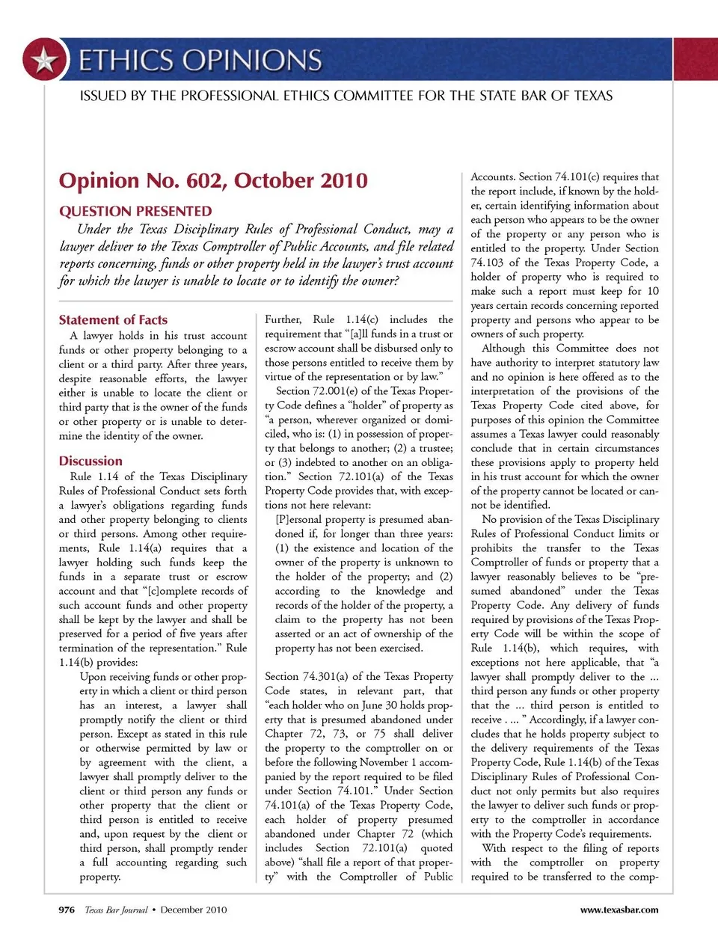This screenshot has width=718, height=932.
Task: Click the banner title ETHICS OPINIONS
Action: [200, 60]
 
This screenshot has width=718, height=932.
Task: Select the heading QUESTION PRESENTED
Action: [135, 212]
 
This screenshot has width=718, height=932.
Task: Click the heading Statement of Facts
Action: [113, 319]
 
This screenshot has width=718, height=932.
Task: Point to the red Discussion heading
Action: [90, 461]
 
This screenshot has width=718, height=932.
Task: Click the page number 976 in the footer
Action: [67, 910]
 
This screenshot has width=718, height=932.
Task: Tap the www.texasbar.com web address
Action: [619, 910]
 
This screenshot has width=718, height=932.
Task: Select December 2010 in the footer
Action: [194, 910]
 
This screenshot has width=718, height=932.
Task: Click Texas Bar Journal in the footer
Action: [116, 910]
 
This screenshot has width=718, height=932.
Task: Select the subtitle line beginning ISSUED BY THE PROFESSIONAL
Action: [346, 96]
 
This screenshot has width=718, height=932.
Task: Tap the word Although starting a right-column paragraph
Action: [503, 349]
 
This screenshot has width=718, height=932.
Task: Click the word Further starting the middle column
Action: [283, 319]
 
